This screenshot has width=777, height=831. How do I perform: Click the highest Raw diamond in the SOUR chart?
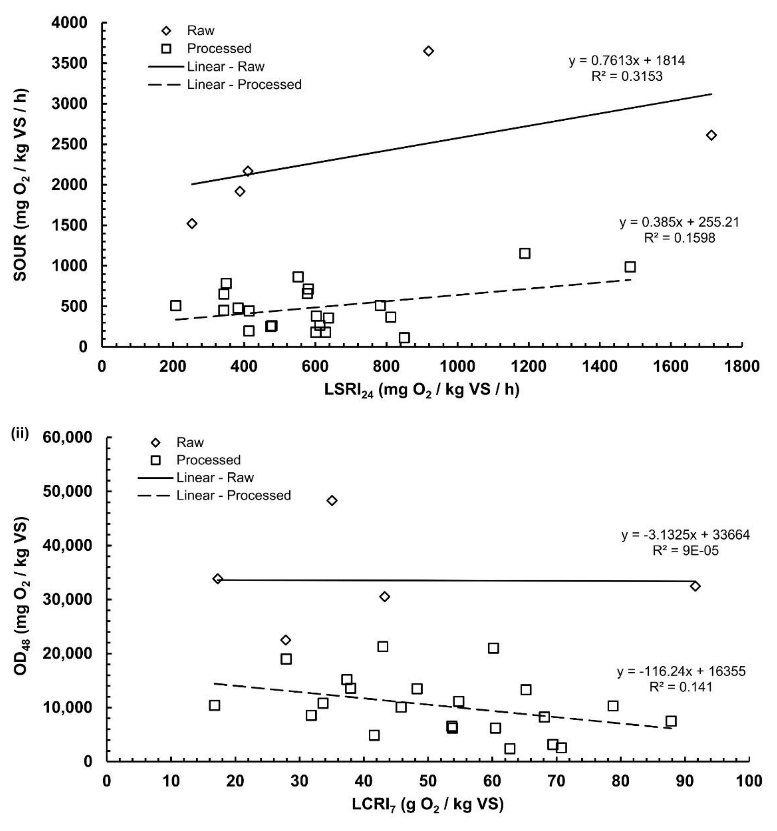pos(428,51)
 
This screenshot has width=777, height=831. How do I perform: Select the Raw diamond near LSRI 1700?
pos(711,135)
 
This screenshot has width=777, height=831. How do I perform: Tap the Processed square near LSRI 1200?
pos(525,253)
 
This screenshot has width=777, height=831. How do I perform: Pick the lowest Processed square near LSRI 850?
pos(404,337)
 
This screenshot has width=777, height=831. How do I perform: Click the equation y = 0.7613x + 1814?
pos(627,61)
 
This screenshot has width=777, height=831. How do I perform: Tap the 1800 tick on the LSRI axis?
pos(742,366)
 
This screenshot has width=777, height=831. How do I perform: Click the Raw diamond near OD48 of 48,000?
pos(332,500)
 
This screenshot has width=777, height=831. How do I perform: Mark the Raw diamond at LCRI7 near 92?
pos(695,586)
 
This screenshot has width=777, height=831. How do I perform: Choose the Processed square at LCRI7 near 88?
pos(671,721)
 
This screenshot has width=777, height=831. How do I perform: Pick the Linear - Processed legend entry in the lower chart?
pos(214,495)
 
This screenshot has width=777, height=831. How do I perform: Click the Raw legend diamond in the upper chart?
pos(167,31)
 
